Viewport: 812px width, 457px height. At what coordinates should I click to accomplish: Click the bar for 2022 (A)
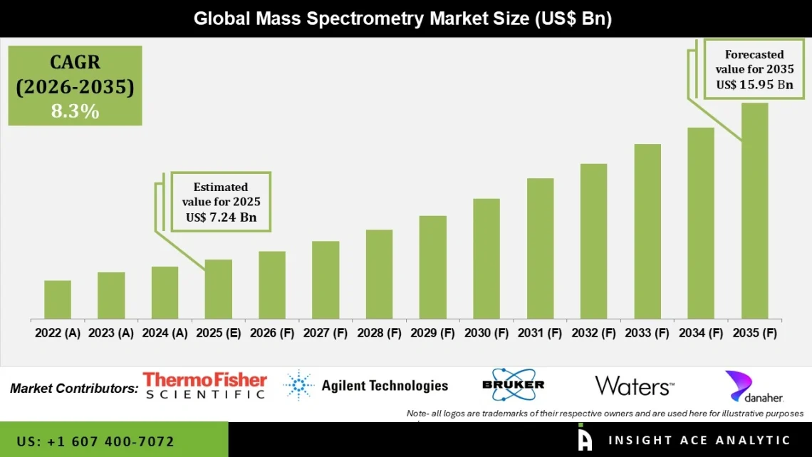point(58,299)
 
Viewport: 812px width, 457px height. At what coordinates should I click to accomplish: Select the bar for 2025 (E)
point(219,289)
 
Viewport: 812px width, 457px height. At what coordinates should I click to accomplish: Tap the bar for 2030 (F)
point(486,258)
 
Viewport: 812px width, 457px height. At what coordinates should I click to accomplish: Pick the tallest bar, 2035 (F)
point(754,210)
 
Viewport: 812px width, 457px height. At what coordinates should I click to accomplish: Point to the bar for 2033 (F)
point(647,231)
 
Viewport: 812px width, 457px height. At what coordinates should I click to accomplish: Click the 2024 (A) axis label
point(165,333)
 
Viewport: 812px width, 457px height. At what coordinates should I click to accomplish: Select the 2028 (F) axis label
point(379,333)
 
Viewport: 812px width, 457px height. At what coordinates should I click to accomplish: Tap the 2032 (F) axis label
point(593,333)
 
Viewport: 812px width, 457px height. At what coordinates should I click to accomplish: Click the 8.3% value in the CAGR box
point(75,111)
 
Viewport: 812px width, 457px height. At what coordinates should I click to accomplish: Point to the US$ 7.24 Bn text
point(221,217)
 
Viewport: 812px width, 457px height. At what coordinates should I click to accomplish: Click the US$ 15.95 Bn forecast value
point(754,84)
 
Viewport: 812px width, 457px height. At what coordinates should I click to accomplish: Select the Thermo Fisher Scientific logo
point(204,386)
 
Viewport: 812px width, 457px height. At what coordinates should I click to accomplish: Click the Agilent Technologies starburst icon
point(298,386)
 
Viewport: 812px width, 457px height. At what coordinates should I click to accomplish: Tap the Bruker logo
point(513,385)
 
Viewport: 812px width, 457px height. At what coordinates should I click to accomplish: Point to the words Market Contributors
point(74,389)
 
